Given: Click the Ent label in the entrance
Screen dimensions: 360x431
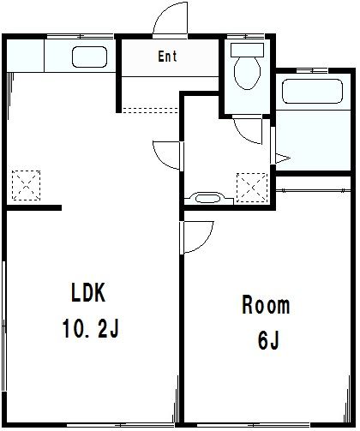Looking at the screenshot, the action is (x=167, y=57).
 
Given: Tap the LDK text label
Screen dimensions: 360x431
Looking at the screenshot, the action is (x=88, y=292).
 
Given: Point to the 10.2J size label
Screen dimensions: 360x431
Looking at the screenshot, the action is (x=90, y=328).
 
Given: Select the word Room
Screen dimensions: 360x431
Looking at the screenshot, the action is (x=266, y=305).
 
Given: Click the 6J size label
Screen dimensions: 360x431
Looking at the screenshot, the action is (x=268, y=340).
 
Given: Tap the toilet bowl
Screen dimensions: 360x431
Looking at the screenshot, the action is (x=248, y=73).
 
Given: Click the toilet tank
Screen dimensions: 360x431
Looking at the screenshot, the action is (x=247, y=50).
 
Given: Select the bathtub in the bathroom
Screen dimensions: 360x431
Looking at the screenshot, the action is (x=312, y=91).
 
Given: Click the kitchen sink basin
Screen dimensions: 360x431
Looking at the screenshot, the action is (x=89, y=57).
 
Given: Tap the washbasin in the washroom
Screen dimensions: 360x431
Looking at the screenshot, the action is (x=208, y=198).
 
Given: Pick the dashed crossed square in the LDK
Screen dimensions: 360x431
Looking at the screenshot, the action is (x=26, y=185).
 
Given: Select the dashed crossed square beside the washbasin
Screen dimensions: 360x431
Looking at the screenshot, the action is (x=252, y=188).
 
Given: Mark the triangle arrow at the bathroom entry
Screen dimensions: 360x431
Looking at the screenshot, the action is (x=282, y=159).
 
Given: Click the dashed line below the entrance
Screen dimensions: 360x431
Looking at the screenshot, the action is (x=150, y=111).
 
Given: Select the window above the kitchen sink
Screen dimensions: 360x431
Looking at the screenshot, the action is (x=81, y=37).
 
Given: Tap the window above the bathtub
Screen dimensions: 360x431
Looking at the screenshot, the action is (x=312, y=70).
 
